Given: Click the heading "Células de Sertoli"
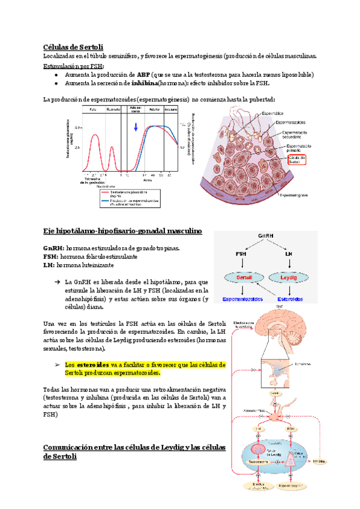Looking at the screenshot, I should [73, 47].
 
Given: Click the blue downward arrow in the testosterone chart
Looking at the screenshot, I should [136, 127].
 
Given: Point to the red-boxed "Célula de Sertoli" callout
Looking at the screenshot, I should [296, 159].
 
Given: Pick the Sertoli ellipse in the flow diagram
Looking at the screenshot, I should [244, 278].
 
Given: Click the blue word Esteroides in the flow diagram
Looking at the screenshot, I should [290, 298].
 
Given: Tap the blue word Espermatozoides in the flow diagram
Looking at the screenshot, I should [244, 298].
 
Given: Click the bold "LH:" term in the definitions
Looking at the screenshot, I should [49, 265].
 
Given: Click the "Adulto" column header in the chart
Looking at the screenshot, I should [154, 110].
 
